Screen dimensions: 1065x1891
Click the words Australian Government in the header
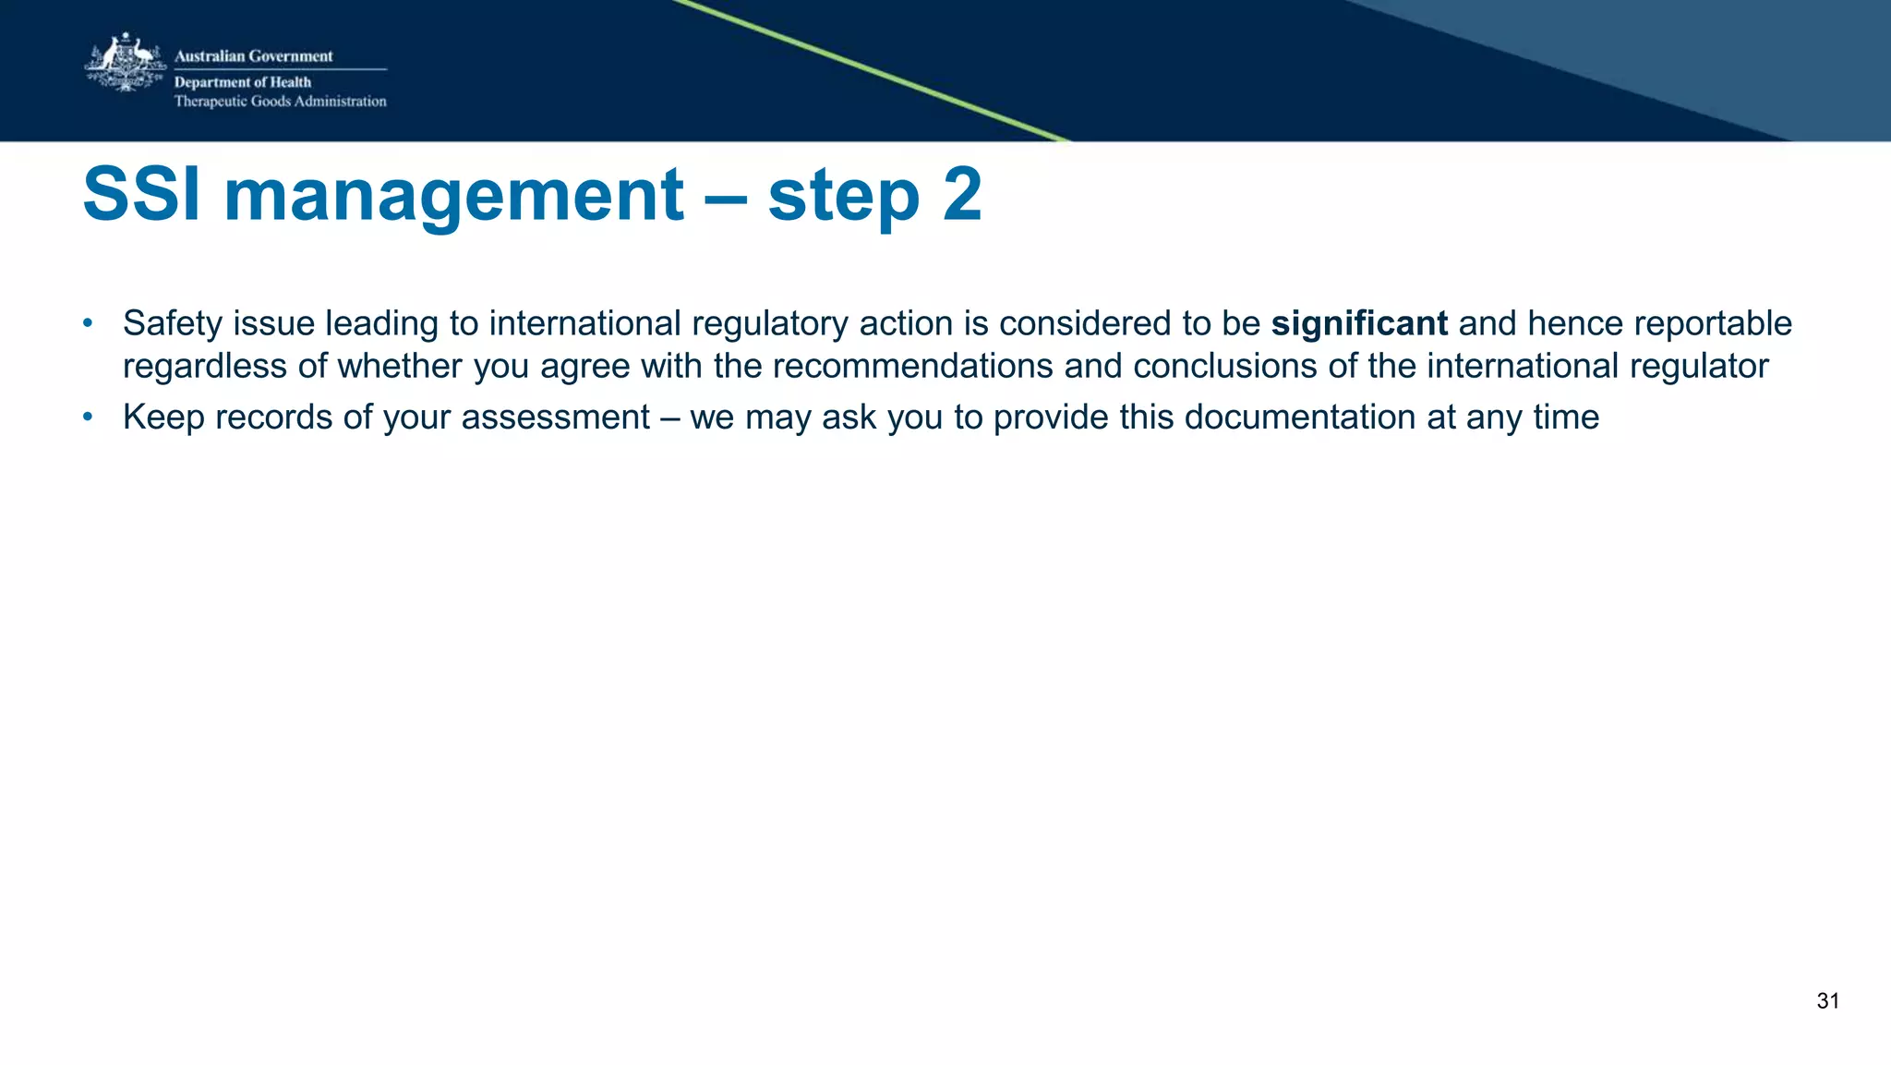[253, 56]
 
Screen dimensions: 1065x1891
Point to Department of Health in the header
[243, 82]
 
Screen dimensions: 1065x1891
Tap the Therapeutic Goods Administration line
[280, 102]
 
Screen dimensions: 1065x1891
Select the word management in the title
[453, 195]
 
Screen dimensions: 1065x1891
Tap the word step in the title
[843, 197]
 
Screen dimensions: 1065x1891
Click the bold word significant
[1359, 323]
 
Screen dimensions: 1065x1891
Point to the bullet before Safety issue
[88, 323]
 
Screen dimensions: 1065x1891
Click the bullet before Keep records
[88, 418]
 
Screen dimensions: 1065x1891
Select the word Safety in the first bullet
[173, 323]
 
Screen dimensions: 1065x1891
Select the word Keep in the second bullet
[163, 418]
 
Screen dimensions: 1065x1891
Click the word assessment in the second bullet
[556, 418]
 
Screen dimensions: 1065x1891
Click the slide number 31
[1827, 1001]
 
